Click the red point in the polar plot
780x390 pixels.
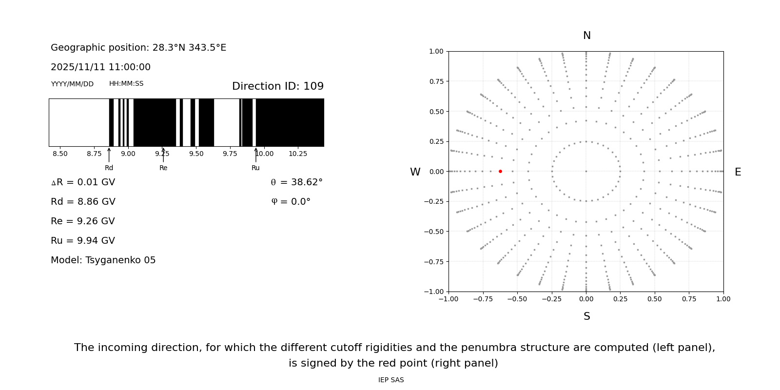(500, 171)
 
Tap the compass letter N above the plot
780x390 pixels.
(586, 36)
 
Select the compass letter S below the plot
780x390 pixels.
(586, 316)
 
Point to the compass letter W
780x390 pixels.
(415, 172)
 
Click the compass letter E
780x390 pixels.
(738, 172)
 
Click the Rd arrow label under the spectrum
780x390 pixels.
(109, 168)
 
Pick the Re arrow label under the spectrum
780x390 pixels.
(163, 168)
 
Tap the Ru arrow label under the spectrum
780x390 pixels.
(255, 168)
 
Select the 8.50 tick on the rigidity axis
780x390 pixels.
(60, 154)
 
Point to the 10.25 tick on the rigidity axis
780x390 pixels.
(298, 154)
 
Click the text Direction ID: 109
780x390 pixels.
(277, 86)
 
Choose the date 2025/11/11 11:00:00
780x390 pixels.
(100, 67)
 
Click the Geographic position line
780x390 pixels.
(138, 48)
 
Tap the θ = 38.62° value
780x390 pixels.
(296, 182)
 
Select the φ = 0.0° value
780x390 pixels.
(291, 202)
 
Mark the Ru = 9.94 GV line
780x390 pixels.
(83, 241)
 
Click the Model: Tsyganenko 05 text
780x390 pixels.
(103, 260)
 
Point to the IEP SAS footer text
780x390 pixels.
(391, 380)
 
